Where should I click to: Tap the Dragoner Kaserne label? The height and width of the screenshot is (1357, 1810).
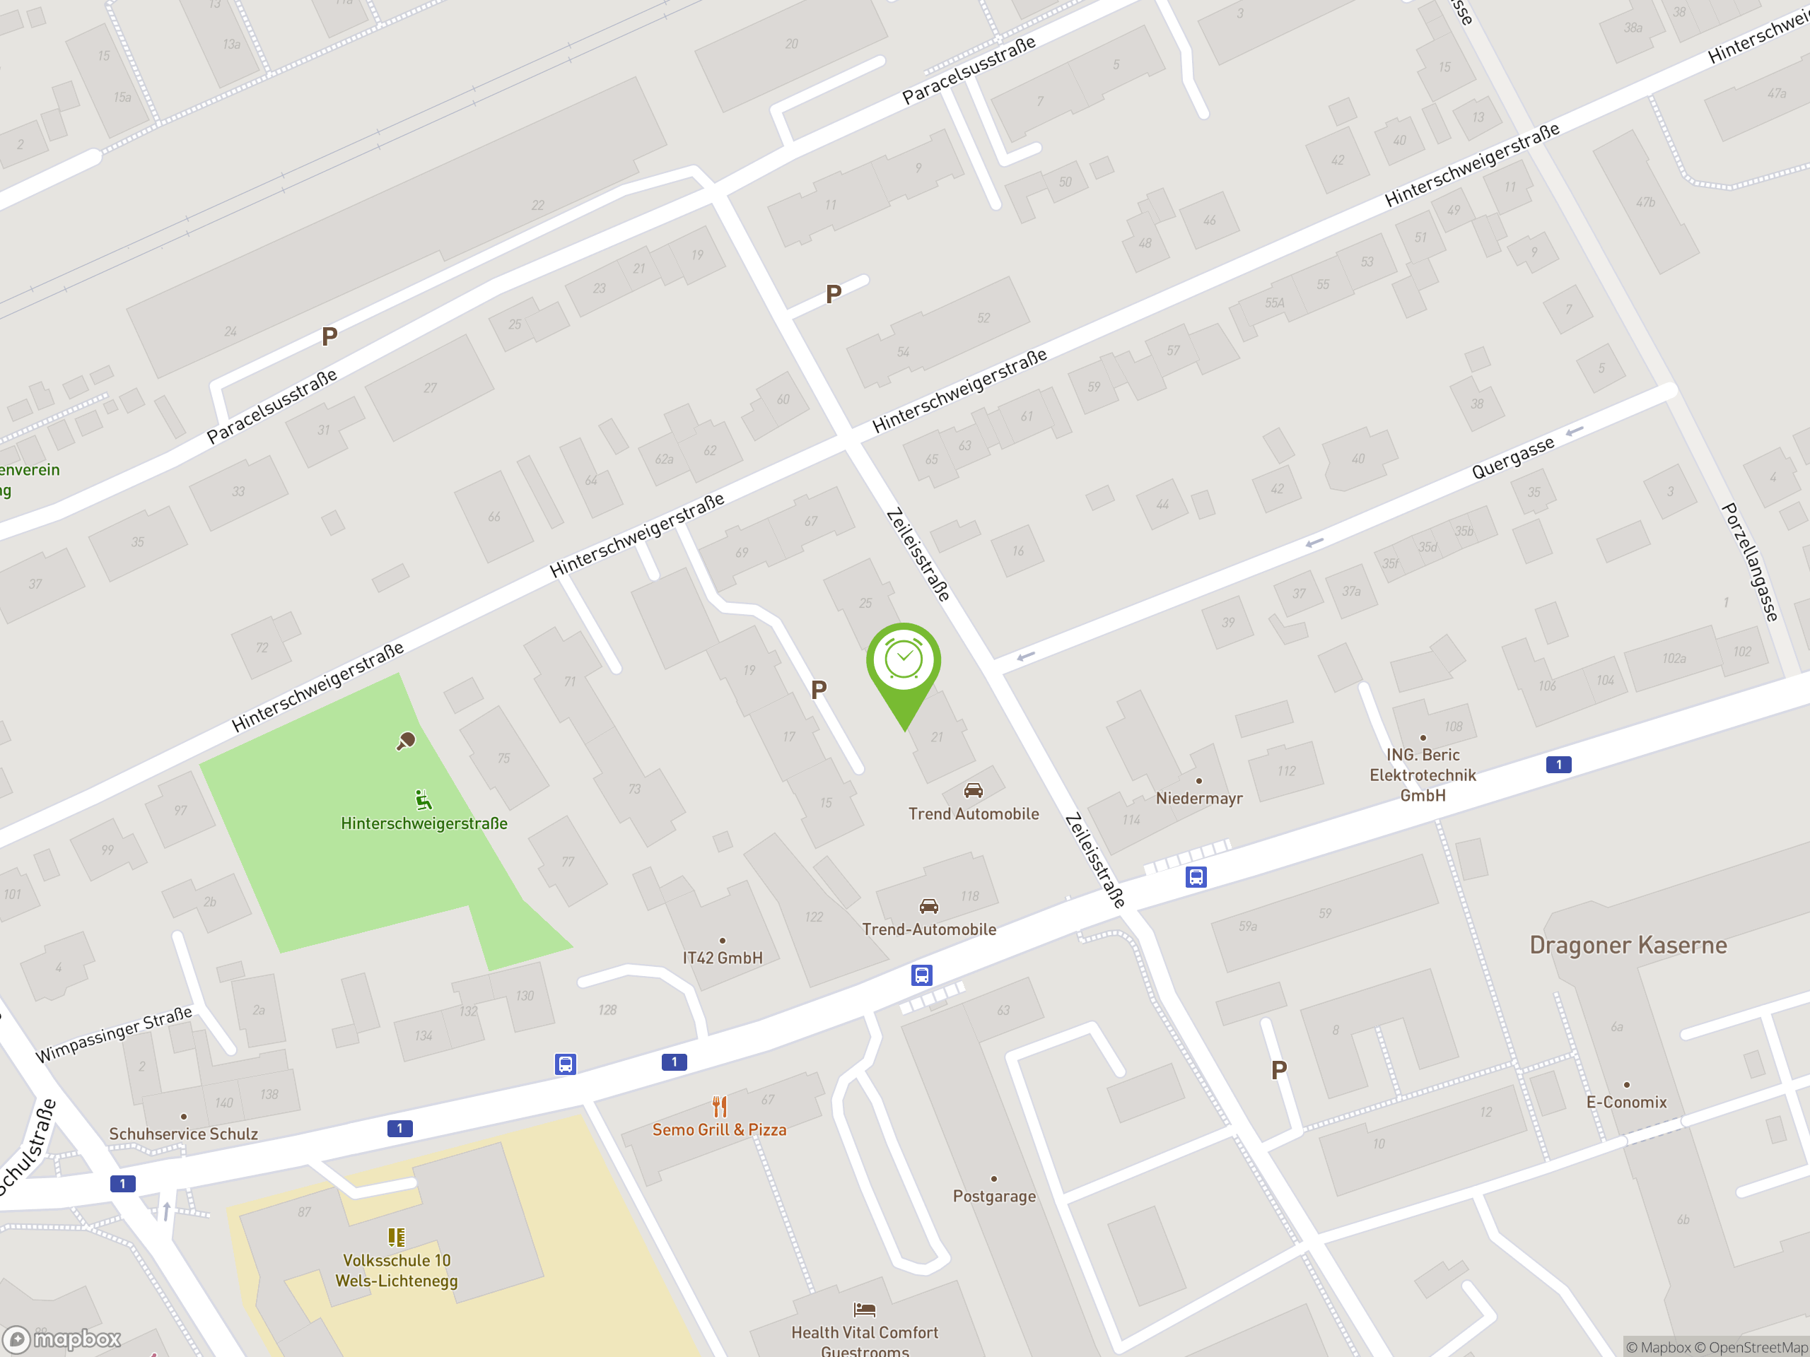point(1628,946)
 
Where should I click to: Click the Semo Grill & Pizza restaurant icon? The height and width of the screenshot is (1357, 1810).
point(719,1107)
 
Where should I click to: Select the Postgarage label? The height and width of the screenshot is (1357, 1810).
point(994,1196)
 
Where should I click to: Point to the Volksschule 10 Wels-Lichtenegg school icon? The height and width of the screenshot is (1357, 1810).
point(396,1237)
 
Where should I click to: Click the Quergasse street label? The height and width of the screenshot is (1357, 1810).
point(1512,458)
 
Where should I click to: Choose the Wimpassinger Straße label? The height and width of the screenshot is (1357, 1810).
point(114,1035)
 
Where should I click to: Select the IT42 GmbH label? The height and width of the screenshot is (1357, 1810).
point(723,958)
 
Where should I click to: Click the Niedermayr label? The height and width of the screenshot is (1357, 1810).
point(1198,799)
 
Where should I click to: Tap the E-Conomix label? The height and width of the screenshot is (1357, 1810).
point(1626,1102)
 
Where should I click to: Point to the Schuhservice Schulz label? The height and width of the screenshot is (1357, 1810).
point(183,1134)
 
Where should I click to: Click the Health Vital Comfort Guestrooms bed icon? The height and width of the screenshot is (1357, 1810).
point(864,1310)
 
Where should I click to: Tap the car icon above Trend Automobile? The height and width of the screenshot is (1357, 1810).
point(973,790)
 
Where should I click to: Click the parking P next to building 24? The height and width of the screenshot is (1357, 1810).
point(329,336)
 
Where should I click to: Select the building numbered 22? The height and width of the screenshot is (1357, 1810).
point(537,205)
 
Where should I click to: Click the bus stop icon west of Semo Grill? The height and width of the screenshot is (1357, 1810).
point(566,1064)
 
